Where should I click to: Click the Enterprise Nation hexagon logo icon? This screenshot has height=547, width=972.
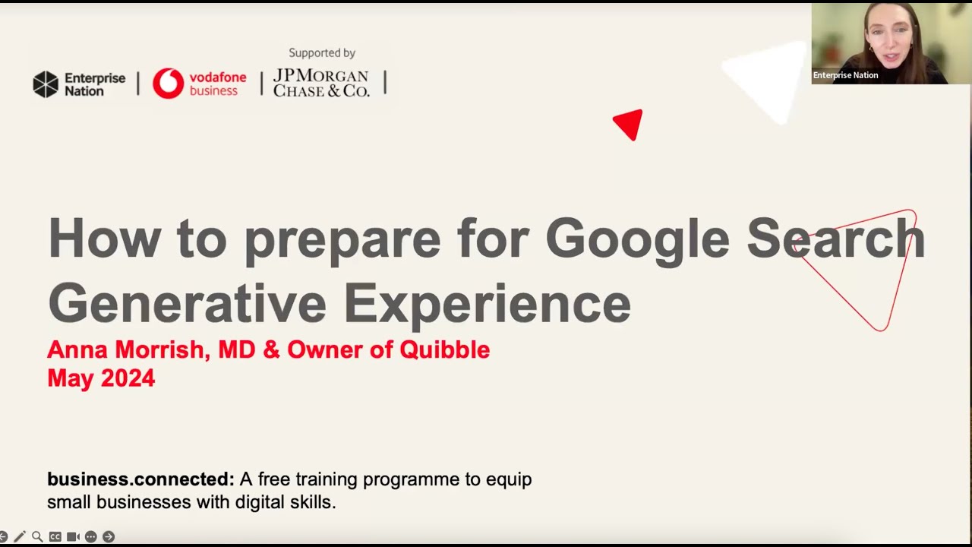tap(46, 84)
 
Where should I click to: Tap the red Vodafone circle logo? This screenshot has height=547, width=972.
tap(168, 84)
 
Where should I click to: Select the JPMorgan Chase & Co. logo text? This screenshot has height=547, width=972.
tap(321, 84)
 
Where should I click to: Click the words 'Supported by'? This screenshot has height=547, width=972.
tap(322, 53)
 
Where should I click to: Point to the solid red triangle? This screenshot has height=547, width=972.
tap(630, 124)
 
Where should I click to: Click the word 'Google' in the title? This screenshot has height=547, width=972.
tap(637, 239)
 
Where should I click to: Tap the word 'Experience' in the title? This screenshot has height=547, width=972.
tap(487, 303)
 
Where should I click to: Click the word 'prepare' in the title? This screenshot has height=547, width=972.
tap(342, 239)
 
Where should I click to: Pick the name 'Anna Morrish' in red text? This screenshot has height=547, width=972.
tap(125, 350)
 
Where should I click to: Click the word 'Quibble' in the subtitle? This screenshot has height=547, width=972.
tap(445, 350)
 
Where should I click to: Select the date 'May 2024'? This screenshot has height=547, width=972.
tap(101, 378)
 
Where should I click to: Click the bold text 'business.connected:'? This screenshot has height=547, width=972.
tap(140, 479)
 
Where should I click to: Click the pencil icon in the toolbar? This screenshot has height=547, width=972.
tap(20, 537)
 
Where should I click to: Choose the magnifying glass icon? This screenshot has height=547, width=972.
tap(37, 537)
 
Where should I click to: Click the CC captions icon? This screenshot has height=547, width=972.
tap(55, 537)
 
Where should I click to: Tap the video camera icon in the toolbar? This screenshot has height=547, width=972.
tap(73, 537)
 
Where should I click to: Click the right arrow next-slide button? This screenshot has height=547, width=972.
tap(109, 537)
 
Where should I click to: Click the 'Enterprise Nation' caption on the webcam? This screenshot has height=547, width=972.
tap(845, 75)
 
